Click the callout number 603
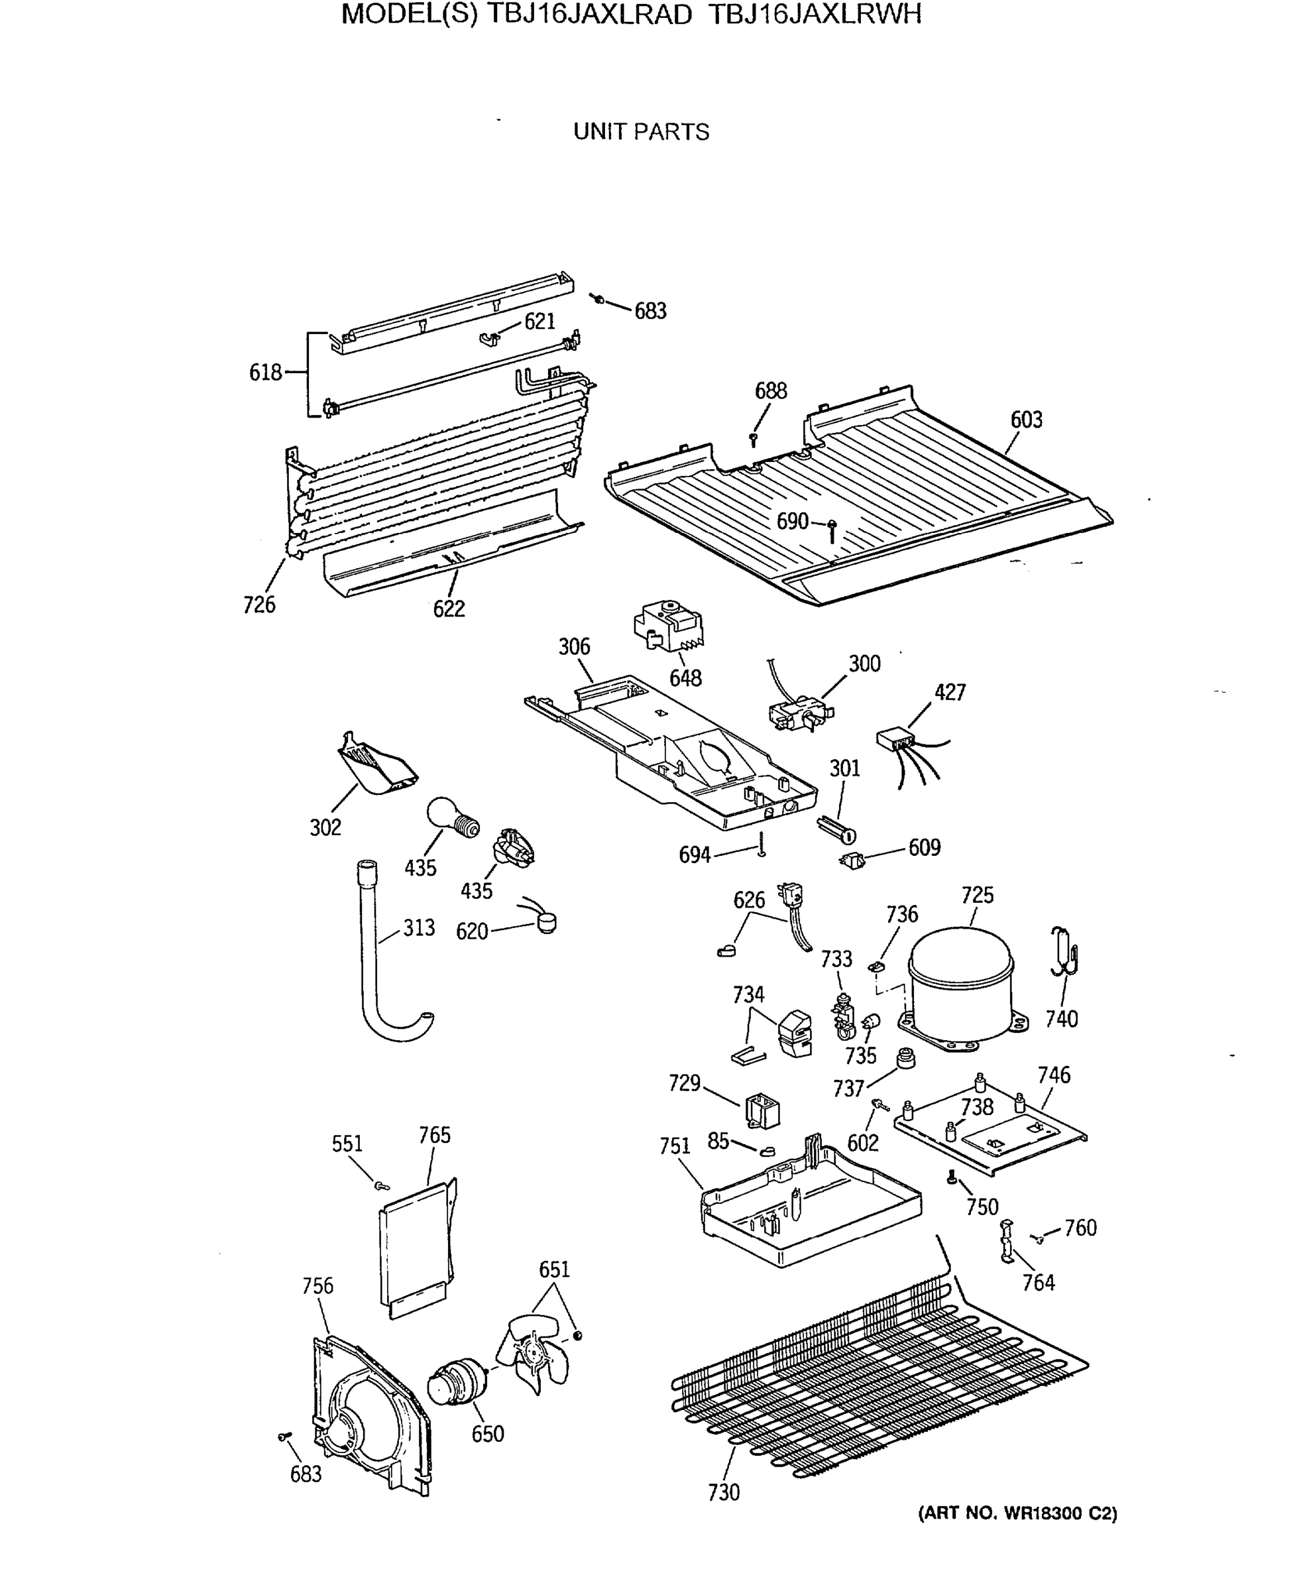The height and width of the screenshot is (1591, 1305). click(x=1026, y=420)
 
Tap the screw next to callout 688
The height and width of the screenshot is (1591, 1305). click(x=753, y=438)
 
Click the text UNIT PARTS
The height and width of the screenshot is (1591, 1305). click(x=641, y=133)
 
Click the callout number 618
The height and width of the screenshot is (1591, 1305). click(x=265, y=372)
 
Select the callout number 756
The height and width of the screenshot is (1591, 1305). click(x=317, y=1286)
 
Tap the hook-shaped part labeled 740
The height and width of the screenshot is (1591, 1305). click(x=1064, y=952)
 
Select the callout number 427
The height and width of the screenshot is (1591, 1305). click(x=950, y=693)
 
